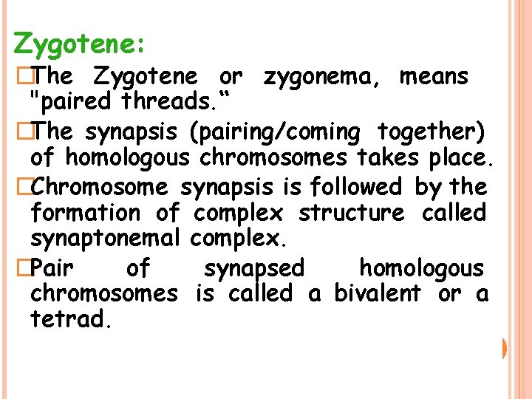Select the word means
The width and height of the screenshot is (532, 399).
[x=434, y=76]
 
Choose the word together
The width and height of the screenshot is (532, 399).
[x=432, y=132]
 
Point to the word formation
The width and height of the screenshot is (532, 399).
[x=86, y=214]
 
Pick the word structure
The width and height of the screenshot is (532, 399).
[x=351, y=214]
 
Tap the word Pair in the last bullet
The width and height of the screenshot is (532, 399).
[x=57, y=267]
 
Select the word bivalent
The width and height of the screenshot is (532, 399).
[x=378, y=293]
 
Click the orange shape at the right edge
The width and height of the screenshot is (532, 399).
[x=504, y=347]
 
